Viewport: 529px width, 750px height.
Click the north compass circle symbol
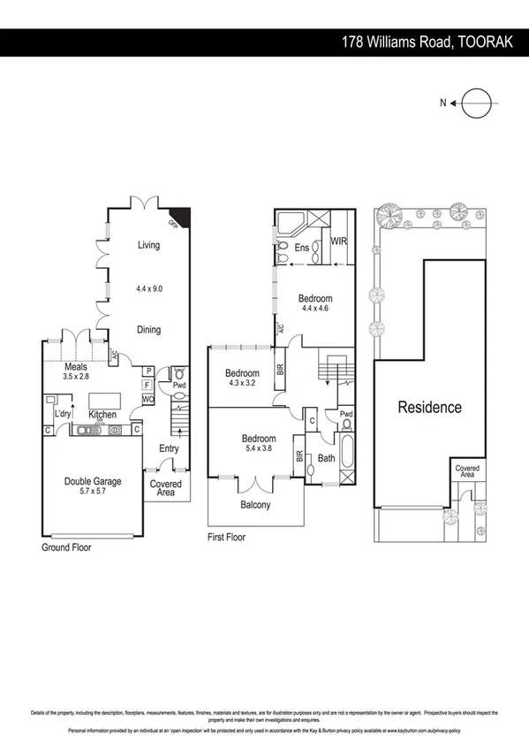473,103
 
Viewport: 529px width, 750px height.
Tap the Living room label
148,245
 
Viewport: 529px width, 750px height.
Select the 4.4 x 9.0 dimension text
148,288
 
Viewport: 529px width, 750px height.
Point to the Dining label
148,330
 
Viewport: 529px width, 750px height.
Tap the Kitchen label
102,414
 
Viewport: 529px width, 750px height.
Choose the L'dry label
63,414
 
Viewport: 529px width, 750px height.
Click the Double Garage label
92,481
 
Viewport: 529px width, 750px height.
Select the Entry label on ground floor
169,448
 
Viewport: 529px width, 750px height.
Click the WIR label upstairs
338,241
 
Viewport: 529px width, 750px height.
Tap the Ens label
301,247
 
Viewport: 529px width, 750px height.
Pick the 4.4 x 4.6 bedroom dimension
314,309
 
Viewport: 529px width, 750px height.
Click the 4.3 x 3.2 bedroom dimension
240,383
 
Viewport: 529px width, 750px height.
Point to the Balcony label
255,505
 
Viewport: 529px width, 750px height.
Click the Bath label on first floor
327,458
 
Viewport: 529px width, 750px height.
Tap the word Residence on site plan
429,408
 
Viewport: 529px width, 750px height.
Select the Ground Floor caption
66,547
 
